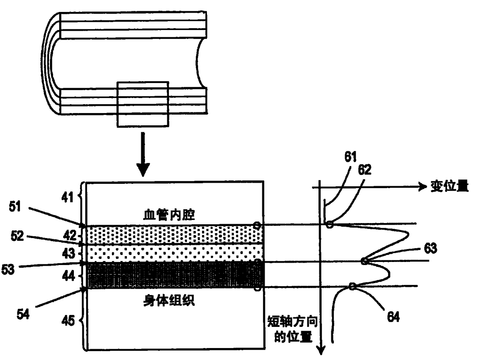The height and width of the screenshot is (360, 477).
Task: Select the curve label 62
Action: [x=364, y=170]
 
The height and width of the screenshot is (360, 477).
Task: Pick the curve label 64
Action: [x=392, y=317]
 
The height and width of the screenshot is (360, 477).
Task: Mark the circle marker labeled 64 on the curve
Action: [x=352, y=286]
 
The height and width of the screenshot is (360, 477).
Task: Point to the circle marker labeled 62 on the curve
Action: [x=329, y=224]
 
